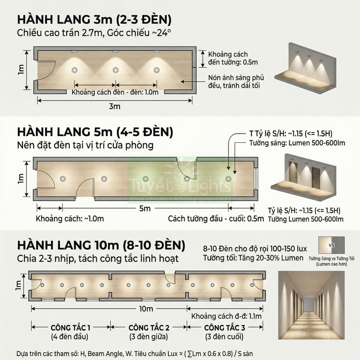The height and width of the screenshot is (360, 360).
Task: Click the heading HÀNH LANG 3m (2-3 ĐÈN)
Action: pos(94,20)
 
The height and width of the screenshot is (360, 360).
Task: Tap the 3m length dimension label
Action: pos(114,106)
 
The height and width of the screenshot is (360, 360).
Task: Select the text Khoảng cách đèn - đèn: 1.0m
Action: pos(115,92)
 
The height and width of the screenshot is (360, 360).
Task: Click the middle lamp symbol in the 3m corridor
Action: pos(116,70)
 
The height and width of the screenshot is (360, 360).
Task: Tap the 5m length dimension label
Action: pos(145,208)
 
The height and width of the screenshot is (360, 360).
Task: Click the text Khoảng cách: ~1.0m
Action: pos(70,219)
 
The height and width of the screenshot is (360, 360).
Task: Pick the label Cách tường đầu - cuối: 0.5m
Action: pos(216,219)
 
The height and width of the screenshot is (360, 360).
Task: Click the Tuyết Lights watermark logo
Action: pos(180,184)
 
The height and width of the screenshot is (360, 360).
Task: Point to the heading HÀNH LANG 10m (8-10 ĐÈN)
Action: pos(101,245)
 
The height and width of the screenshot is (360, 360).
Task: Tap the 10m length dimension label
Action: pos(146,309)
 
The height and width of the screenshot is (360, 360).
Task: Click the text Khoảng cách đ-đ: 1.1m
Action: pos(226,316)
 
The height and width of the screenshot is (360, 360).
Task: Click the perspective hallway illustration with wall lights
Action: pos(311,305)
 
